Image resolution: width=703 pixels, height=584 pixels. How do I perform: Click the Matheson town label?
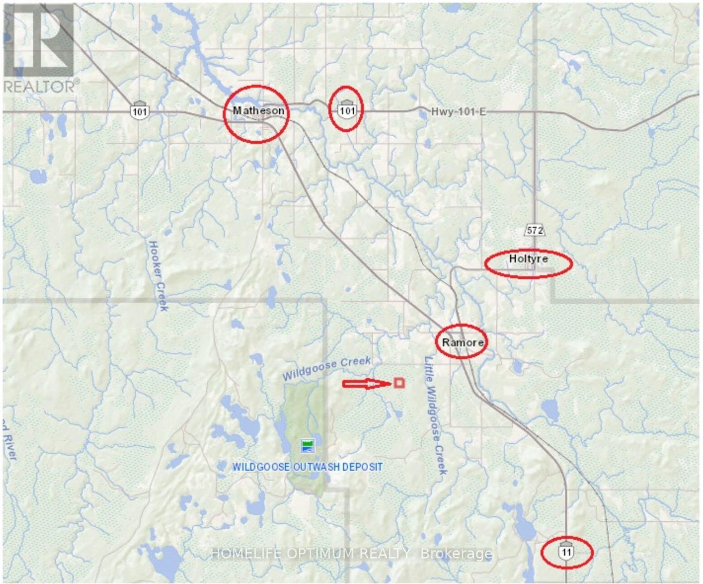click(x=258, y=110)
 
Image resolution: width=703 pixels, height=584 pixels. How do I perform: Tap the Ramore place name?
click(x=463, y=342)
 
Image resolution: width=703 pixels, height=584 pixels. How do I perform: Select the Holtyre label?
click(x=528, y=258)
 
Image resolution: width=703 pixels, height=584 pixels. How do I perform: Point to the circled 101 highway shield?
click(x=347, y=109)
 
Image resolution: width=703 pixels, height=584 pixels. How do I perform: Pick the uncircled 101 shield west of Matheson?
click(x=139, y=110)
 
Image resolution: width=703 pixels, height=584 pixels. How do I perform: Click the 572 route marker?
click(x=534, y=230)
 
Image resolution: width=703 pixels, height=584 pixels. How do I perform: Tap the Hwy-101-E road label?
click(x=458, y=112)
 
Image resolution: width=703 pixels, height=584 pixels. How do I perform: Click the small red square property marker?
click(x=399, y=383)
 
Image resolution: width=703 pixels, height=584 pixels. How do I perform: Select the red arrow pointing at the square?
click(x=367, y=384)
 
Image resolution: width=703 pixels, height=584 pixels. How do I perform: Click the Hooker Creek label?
click(x=158, y=275)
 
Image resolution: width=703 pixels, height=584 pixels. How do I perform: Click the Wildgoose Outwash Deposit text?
click(x=307, y=467)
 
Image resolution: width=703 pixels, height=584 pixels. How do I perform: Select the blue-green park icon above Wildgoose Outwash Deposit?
click(x=307, y=445)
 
